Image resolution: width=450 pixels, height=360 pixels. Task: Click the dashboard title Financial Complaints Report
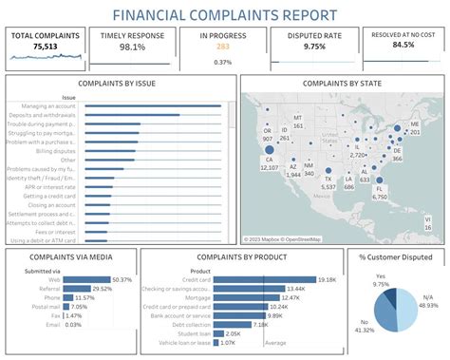tap(224, 14)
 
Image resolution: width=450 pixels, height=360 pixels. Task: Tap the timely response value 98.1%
tap(132, 47)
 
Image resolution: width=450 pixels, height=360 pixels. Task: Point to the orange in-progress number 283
tap(223, 47)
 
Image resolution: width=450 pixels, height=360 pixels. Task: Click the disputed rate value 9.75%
tap(315, 47)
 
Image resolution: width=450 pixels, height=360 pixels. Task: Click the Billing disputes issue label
tap(58, 151)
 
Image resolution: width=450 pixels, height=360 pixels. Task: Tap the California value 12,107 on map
tap(269, 167)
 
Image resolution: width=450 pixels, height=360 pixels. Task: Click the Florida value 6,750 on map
tap(381, 198)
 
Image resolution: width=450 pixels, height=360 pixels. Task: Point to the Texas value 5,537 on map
tap(328, 187)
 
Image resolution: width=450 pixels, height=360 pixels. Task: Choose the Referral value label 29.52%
tap(102, 289)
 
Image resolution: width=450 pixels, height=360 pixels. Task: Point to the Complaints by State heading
tap(337, 83)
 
